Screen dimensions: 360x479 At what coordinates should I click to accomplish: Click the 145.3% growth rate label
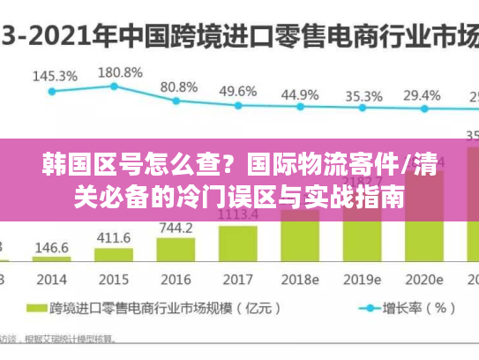(55, 76)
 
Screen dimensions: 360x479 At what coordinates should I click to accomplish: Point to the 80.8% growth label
(178, 86)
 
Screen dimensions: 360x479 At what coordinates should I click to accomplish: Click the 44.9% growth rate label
(300, 94)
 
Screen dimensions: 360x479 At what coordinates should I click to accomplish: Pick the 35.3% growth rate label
(363, 95)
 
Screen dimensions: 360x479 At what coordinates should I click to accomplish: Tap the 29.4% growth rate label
(422, 94)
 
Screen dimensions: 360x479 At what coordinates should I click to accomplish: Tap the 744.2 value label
(176, 229)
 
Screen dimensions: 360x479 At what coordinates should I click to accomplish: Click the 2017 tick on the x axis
(236, 280)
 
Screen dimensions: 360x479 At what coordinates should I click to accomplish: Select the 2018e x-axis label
(301, 280)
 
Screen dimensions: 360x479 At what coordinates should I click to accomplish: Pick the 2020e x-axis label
(423, 280)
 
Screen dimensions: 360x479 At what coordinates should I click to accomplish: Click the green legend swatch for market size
(36, 310)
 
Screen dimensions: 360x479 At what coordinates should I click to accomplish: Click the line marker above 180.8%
(114, 86)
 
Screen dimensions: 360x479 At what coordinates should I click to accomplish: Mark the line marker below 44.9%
(300, 107)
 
